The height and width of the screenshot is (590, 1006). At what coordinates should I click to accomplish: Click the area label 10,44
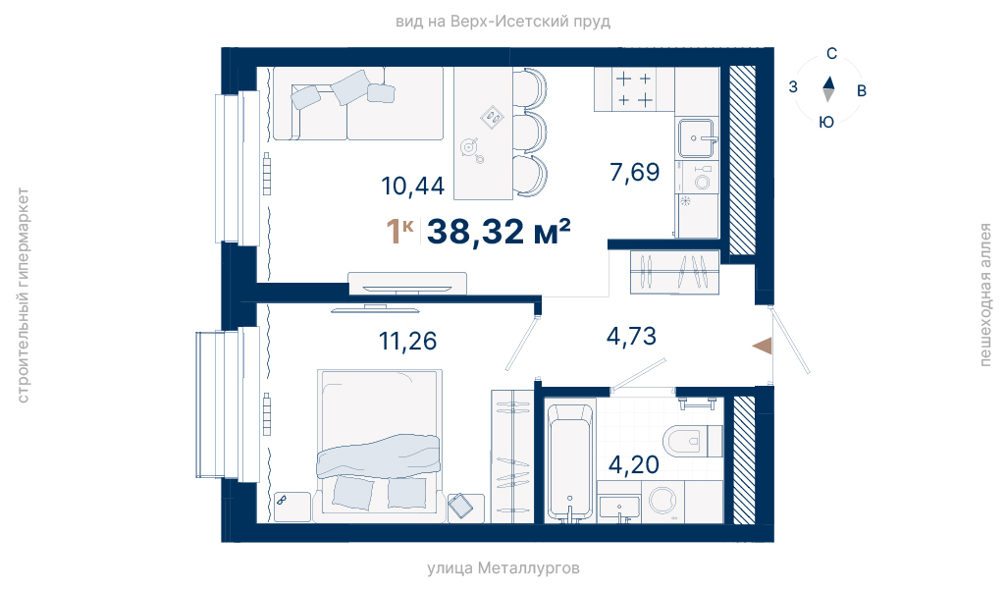click(412, 187)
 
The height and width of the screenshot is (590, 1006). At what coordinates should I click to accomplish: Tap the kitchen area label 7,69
click(635, 172)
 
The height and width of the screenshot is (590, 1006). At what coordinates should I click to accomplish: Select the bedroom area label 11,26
click(408, 341)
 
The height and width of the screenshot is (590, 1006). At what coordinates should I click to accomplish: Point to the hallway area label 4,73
click(631, 337)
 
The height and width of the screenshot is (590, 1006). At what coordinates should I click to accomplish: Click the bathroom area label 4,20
click(634, 464)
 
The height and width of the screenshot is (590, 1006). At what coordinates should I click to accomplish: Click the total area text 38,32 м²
click(499, 232)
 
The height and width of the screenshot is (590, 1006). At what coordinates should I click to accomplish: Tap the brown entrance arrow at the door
click(763, 346)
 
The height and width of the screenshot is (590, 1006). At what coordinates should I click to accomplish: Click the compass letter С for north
click(831, 54)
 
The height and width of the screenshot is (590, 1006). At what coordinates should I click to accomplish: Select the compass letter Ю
click(826, 122)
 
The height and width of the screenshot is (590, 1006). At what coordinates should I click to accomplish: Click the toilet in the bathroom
click(693, 441)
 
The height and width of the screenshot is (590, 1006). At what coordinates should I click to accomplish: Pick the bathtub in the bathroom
click(569, 461)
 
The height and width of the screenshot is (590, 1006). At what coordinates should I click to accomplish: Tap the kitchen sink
click(696, 138)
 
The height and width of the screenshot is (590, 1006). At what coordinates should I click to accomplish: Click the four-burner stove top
click(634, 89)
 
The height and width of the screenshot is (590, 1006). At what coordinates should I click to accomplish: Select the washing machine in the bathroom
click(663, 501)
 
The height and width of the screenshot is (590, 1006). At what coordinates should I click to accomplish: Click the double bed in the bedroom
click(380, 441)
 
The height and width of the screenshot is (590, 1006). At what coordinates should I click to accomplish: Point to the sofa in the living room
click(358, 103)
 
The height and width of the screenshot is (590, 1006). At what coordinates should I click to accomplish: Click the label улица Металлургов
click(503, 568)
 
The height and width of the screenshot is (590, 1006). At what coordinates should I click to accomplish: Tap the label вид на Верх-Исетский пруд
click(503, 22)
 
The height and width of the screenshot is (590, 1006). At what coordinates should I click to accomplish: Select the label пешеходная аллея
click(984, 295)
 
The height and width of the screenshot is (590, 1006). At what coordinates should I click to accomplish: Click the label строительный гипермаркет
click(23, 295)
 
